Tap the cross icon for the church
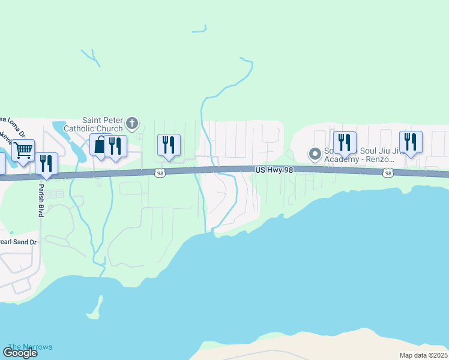pyautogui.click(x=133, y=124)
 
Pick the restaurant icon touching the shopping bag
pyautogui.click(x=115, y=146)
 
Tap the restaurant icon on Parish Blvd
pyautogui.click(x=46, y=163)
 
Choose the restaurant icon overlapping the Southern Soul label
pyautogui.click(x=345, y=142)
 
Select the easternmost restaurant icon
pyautogui.click(x=411, y=142)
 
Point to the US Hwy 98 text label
pyautogui.click(x=273, y=171)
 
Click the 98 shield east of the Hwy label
pyautogui.click(x=388, y=173)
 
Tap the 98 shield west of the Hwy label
pyautogui.click(x=159, y=173)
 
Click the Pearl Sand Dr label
pyautogui.click(x=18, y=242)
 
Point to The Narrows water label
pyautogui.click(x=30, y=347)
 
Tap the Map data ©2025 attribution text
pyautogui.click(x=423, y=355)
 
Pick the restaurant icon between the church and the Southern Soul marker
pyautogui.click(x=169, y=145)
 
